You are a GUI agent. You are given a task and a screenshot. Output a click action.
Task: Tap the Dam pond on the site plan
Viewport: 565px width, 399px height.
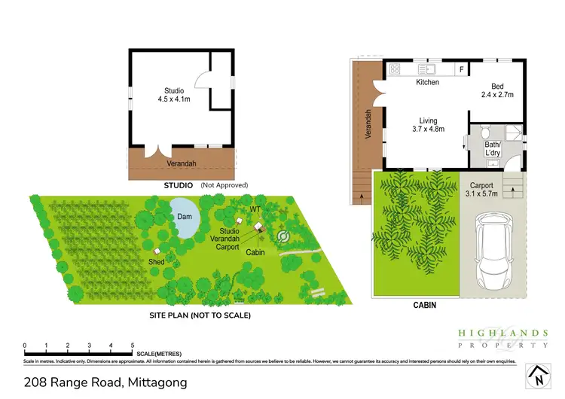click(184, 215)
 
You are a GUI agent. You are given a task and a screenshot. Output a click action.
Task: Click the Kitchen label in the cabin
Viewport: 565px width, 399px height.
click(427, 83)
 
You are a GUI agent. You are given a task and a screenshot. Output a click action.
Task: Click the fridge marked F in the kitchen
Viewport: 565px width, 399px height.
click(461, 69)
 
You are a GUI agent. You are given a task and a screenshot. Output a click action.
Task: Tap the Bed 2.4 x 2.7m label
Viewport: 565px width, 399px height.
click(496, 91)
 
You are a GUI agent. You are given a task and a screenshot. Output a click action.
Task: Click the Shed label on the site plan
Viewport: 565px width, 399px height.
click(156, 262)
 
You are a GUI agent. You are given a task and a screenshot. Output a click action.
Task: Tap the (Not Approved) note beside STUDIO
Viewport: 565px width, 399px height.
click(224, 184)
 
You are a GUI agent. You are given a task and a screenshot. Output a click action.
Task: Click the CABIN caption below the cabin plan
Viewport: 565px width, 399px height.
click(425, 306)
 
